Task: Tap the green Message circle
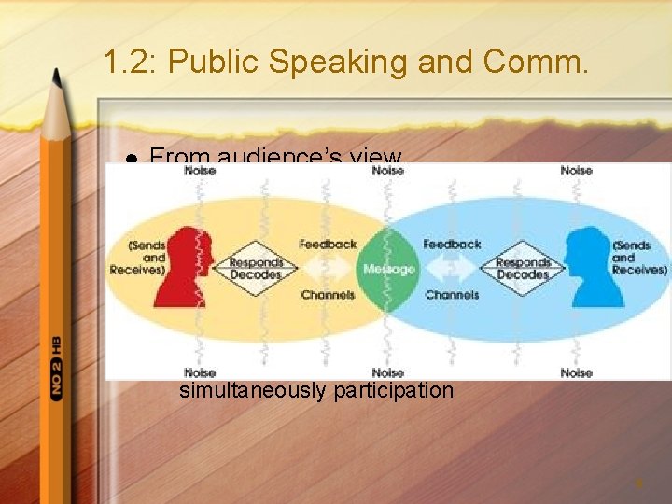click(388, 269)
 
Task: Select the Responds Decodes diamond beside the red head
click(256, 269)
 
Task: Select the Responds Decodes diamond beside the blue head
click(523, 269)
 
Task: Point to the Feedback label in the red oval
click(328, 245)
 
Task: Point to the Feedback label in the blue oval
click(452, 245)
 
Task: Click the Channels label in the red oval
click(328, 295)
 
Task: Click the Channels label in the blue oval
click(452, 295)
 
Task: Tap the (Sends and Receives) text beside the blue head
click(639, 258)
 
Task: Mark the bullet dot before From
click(133, 161)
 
